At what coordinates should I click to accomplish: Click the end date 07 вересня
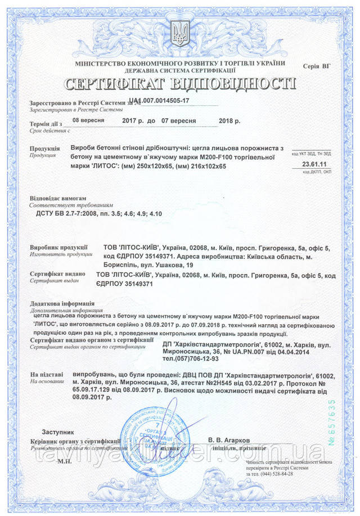click(178, 121)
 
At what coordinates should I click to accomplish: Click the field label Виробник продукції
click(58, 247)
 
